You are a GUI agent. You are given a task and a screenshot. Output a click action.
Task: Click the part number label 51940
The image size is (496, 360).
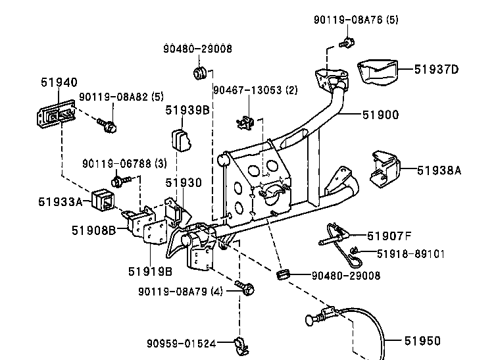coord(59,82)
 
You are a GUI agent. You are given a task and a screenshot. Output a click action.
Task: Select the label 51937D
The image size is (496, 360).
coord(436,69)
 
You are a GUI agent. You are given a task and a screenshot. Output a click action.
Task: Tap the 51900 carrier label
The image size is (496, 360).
coord(380,115)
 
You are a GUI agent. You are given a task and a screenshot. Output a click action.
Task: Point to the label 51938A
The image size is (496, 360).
coord(439,170)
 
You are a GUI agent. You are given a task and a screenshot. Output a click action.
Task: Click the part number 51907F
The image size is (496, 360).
coord(389,236)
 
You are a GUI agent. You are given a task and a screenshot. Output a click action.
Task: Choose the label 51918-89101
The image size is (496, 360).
coord(410,254)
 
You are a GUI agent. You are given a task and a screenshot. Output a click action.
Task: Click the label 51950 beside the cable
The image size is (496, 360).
coord(422,341)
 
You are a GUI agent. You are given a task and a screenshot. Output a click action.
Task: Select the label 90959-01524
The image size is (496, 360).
coord(182,344)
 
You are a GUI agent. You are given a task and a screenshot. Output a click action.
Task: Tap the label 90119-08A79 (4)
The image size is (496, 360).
coord(181,292)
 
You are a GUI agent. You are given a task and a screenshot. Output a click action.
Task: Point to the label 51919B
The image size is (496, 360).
coord(150,271)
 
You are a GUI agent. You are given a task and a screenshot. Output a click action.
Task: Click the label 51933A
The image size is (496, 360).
coord(60,202)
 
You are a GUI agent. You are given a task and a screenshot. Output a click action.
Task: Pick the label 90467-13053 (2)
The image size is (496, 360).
coord(256,90)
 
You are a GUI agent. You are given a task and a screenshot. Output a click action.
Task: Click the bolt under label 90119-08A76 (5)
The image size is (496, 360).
coord(347,43)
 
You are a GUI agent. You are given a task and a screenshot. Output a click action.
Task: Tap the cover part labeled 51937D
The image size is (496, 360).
coord(378,72)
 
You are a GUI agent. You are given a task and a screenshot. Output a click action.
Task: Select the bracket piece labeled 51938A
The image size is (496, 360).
coord(385,168)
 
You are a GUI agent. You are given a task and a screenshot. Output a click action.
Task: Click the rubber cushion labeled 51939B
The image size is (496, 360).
coord(182,140)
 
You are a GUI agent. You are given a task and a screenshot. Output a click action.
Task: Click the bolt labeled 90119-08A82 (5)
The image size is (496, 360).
coord(107,125)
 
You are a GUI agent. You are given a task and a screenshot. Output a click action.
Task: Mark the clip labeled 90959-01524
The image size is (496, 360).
coord(241,346)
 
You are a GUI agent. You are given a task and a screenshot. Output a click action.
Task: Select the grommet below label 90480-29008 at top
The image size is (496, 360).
coord(200,73)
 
